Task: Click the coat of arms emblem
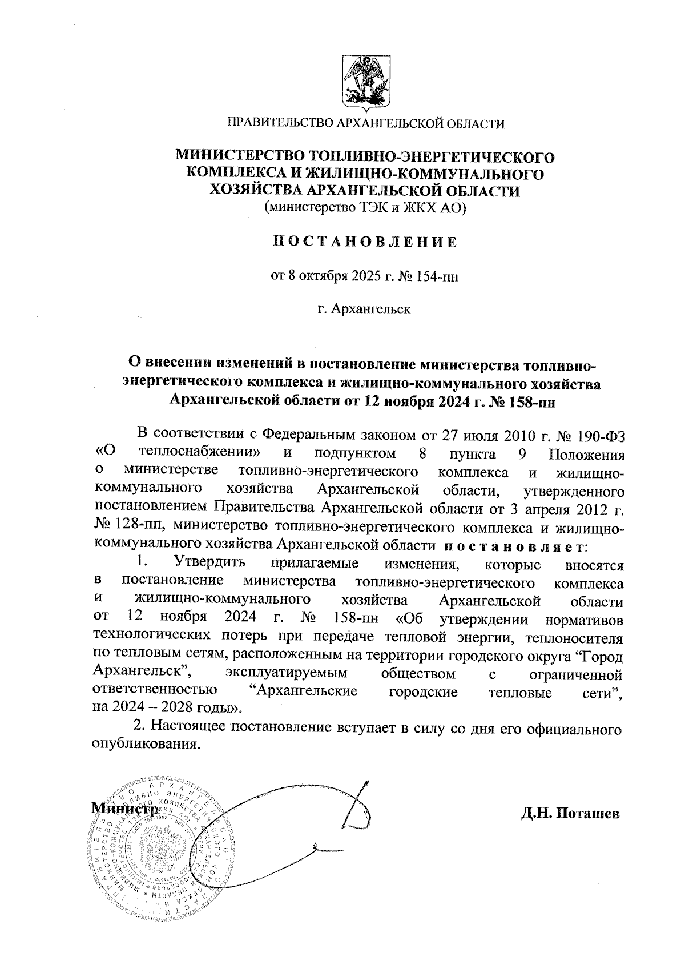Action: (366, 81)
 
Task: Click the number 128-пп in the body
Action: (128, 524)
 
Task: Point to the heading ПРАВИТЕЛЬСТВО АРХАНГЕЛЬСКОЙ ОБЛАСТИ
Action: (366, 123)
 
